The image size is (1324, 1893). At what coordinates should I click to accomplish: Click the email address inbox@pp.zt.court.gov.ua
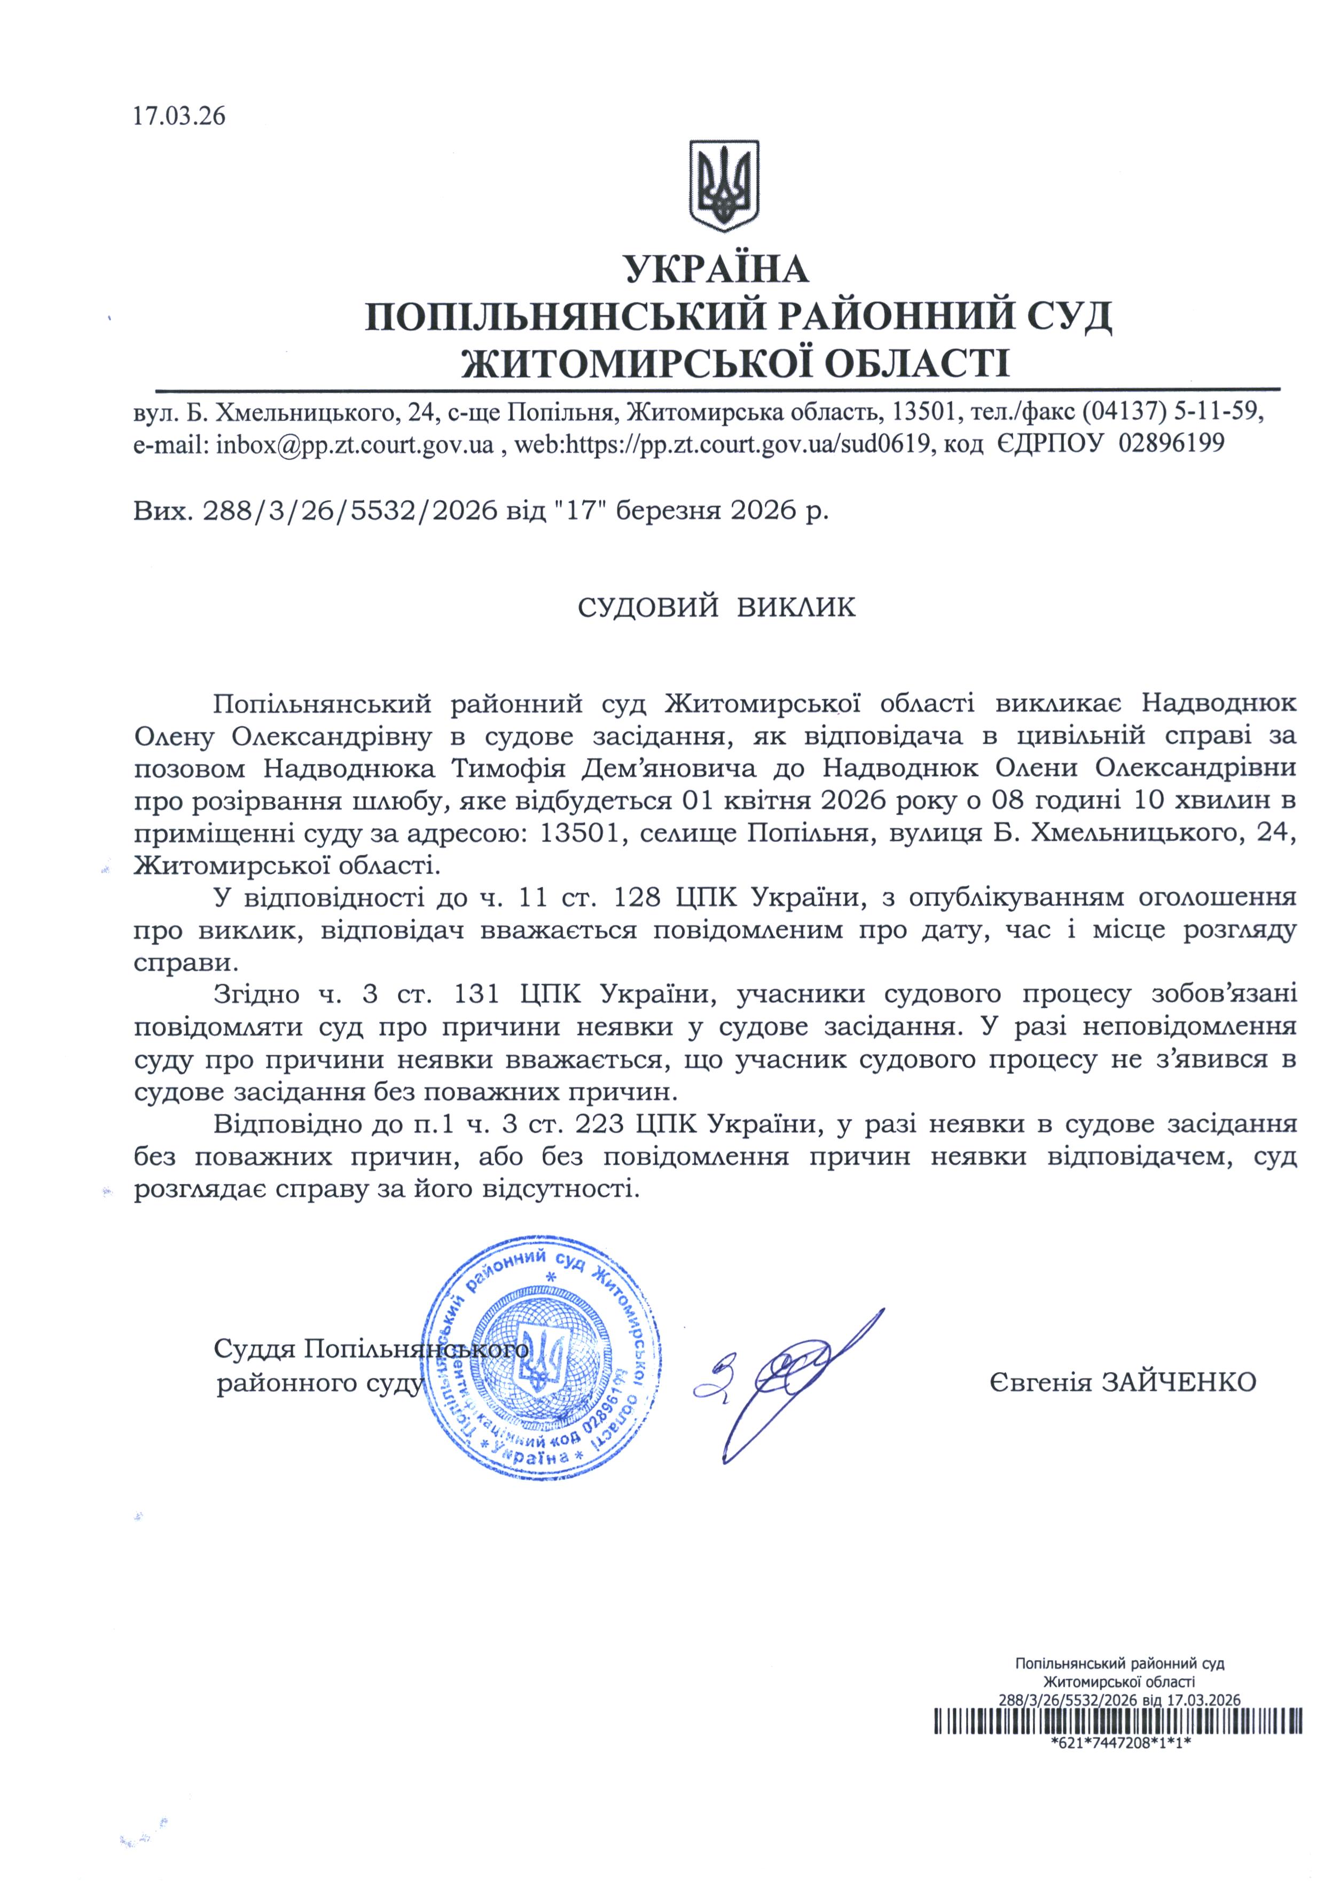pos(355,445)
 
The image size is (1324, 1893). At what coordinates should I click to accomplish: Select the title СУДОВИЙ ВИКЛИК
pos(716,607)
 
